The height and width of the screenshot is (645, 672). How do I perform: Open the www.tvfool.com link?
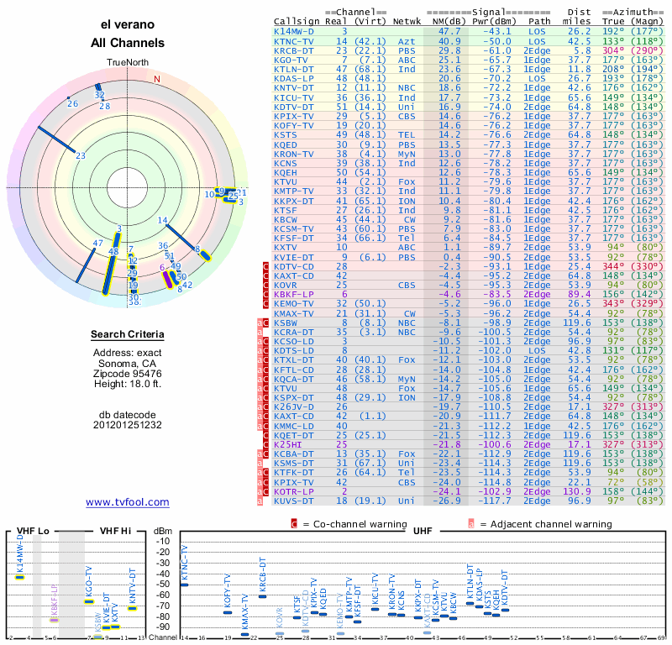[128, 502]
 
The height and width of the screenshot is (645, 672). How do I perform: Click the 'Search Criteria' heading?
[128, 335]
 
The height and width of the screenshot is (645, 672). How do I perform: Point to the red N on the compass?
[157, 80]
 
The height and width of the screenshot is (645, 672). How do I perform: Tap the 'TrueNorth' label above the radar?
[128, 63]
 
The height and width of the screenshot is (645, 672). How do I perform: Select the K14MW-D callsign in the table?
[294, 31]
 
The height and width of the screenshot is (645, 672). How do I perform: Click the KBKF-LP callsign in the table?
[294, 294]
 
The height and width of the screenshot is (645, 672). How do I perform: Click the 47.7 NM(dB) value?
[449, 31]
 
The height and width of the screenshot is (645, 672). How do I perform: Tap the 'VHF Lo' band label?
[33, 532]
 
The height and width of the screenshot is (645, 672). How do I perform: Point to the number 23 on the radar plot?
[81, 155]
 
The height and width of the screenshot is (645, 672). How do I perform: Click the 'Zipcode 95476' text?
[128, 373]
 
